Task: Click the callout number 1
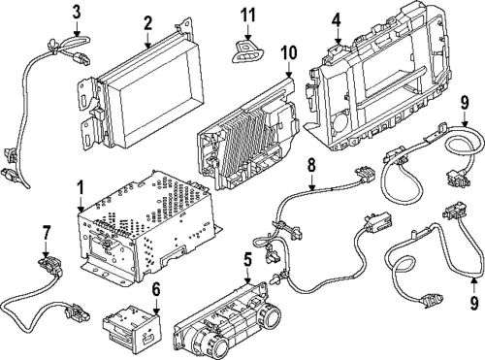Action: coord(81,187)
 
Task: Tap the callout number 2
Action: coord(147,23)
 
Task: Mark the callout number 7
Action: coord(46,232)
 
